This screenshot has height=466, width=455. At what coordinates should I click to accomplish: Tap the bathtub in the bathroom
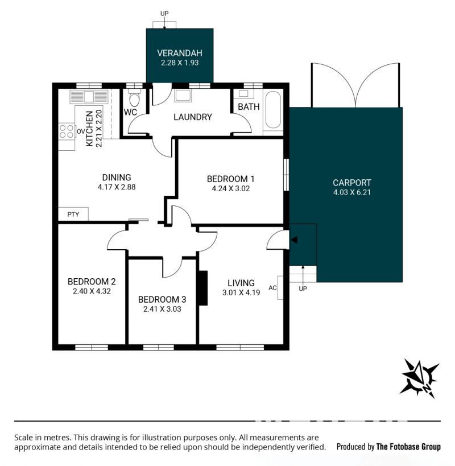pyautogui.click(x=273, y=110)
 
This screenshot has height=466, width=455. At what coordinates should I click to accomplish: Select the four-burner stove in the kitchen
pyautogui.click(x=66, y=131)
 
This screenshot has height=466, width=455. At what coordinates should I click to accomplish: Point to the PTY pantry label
pyautogui.click(x=73, y=215)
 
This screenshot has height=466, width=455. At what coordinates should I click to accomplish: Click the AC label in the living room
pyautogui.click(x=272, y=288)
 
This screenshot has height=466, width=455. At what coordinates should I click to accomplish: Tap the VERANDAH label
pyautogui.click(x=180, y=53)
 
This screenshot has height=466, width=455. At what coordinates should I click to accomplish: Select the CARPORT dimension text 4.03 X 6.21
pyautogui.click(x=352, y=192)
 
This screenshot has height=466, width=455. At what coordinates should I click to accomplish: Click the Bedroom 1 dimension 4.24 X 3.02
pyautogui.click(x=231, y=188)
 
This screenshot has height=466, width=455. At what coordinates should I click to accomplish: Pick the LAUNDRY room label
pyautogui.click(x=193, y=117)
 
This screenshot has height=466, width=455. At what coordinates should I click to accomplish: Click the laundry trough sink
pyautogui.click(x=183, y=95)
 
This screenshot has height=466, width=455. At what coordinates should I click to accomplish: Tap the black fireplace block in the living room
pyautogui.click(x=203, y=288)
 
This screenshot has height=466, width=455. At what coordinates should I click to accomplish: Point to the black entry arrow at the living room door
pyautogui.click(x=293, y=240)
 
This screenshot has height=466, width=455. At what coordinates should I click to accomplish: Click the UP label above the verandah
pyautogui.click(x=164, y=14)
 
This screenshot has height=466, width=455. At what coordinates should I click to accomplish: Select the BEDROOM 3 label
pyautogui.click(x=162, y=299)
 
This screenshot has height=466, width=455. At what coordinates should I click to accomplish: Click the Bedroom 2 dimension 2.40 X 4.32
pyautogui.click(x=92, y=291)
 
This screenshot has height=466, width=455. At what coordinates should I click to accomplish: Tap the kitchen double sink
pyautogui.click(x=89, y=97)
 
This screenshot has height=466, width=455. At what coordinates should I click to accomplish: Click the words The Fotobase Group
pyautogui.click(x=408, y=447)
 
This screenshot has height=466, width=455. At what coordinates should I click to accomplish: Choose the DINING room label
pyautogui.click(x=117, y=178)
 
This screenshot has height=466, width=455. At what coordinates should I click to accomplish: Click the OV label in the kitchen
pyautogui.click(x=81, y=131)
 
